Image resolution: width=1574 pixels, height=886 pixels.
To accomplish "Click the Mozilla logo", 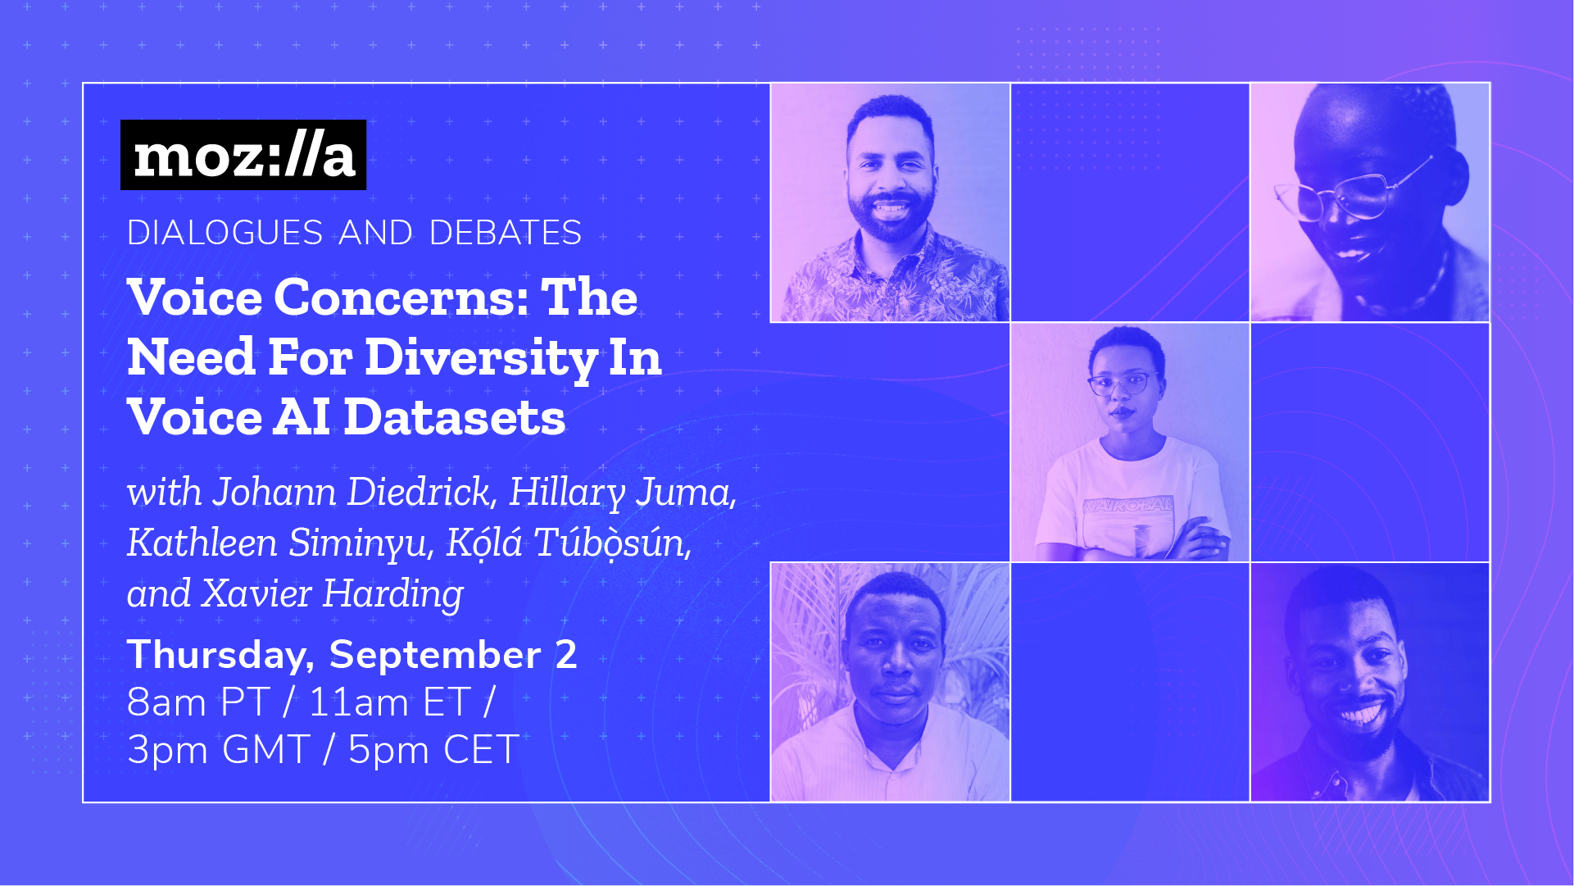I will click(x=243, y=155).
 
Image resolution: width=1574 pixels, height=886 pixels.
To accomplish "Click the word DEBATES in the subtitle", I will click(x=505, y=233).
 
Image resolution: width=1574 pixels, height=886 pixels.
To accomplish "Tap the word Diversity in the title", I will click(x=481, y=357).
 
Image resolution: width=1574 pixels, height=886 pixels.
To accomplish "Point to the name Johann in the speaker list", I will click(x=274, y=492).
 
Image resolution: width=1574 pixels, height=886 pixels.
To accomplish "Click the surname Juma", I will click(x=686, y=492).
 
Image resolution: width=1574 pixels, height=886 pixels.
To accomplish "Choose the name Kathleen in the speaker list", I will click(x=202, y=543).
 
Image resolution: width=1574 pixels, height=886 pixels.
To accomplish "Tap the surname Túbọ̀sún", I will click(x=613, y=543).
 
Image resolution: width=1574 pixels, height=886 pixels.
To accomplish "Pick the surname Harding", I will click(x=392, y=593).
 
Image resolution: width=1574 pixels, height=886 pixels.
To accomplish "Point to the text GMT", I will click(x=265, y=749).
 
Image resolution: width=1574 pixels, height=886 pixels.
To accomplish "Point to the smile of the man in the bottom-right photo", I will click(x=1361, y=711).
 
